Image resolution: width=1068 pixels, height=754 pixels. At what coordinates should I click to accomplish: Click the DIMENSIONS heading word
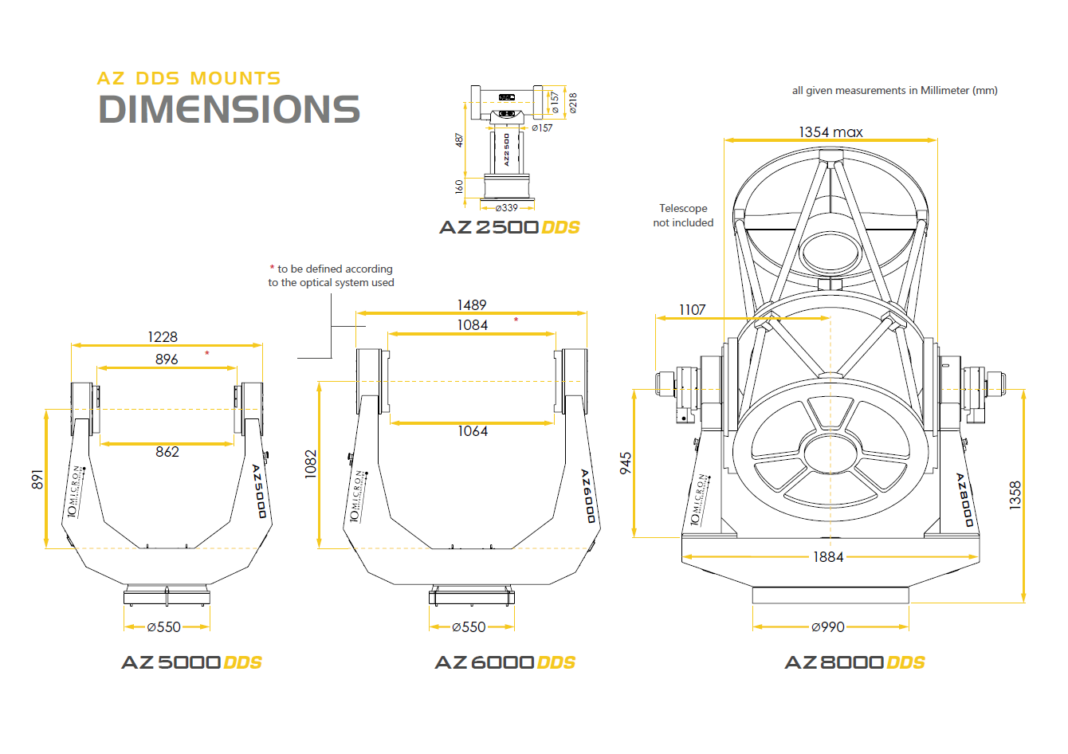[229, 110]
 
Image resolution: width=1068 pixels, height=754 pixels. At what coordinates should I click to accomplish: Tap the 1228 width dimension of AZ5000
[163, 337]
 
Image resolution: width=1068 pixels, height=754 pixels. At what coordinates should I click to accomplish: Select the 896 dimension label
[167, 359]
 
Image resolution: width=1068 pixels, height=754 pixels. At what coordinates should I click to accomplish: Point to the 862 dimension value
[167, 452]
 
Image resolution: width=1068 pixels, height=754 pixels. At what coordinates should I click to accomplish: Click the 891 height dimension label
[37, 479]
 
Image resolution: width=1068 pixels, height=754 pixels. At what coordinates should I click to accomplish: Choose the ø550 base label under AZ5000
[164, 627]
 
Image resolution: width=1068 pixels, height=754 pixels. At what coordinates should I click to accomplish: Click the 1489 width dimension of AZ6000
[472, 305]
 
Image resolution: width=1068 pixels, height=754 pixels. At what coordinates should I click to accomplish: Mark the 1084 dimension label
[473, 325]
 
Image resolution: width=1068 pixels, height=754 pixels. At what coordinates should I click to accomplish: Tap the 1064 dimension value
[473, 431]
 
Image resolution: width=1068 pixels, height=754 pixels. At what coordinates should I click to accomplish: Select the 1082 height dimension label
[311, 464]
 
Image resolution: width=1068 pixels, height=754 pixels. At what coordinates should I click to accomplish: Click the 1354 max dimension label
[830, 132]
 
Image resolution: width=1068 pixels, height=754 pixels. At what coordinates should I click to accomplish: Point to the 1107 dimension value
[692, 310]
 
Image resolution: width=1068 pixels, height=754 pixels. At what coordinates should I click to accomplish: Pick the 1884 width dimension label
[828, 557]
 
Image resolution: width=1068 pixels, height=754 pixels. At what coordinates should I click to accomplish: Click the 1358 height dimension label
[1015, 495]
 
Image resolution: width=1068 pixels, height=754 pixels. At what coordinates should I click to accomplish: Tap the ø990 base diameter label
[828, 627]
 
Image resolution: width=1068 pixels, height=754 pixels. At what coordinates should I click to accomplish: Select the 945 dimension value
[626, 463]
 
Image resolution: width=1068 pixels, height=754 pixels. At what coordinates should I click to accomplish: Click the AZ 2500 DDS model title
[509, 227]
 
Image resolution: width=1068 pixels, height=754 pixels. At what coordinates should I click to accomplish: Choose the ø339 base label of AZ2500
[507, 208]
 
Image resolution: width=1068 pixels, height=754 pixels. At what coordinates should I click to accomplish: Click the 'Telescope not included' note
[683, 215]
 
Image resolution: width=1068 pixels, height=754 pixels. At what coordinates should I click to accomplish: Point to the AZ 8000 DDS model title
[854, 662]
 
